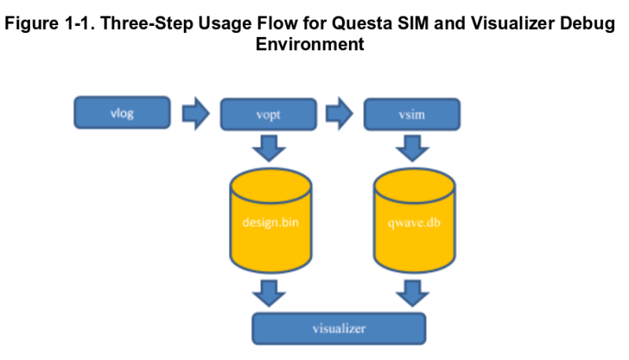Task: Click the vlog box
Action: pos(122,112)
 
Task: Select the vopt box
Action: pos(267,114)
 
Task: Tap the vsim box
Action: pos(412,114)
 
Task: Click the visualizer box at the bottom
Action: pos(338,328)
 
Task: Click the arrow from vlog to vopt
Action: pos(195,114)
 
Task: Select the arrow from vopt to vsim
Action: pos(340,114)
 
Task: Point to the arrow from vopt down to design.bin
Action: pos(269,146)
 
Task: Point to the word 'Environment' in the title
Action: pos(310,44)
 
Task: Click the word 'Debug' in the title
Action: pos(587,24)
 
